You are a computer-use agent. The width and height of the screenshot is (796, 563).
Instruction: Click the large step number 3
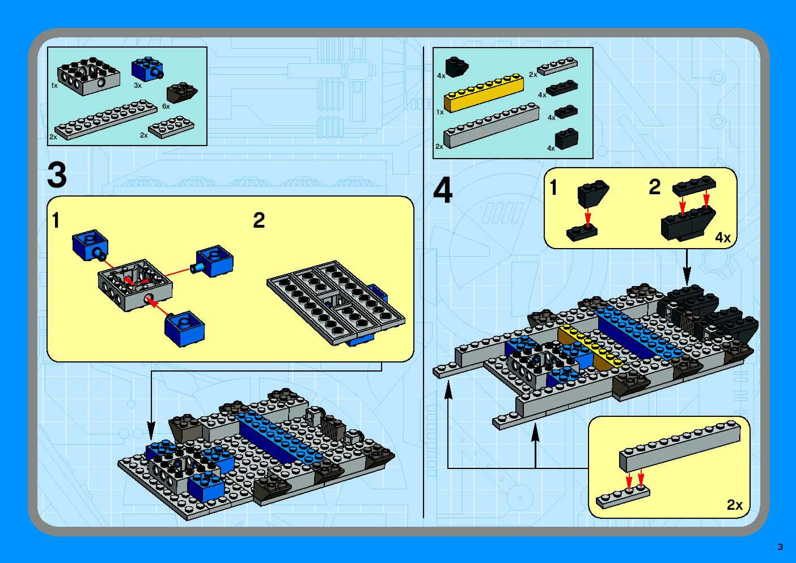57,175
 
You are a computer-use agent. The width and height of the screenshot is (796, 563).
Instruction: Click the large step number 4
443,191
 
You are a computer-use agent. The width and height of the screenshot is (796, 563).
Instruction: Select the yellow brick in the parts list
484,93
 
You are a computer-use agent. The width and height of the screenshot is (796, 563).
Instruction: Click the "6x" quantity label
166,106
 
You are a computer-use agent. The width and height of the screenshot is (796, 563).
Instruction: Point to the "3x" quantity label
138,85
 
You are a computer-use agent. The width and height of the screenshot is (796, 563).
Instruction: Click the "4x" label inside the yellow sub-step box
723,238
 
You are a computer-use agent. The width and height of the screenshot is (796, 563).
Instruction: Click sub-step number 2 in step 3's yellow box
259,221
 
